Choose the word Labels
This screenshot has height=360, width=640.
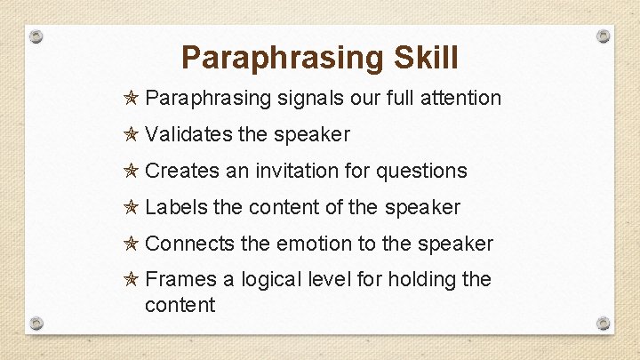click(x=176, y=207)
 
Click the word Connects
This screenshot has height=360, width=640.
click(x=189, y=244)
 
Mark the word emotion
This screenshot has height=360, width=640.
click(x=315, y=244)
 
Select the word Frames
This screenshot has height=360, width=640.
click(x=180, y=280)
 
